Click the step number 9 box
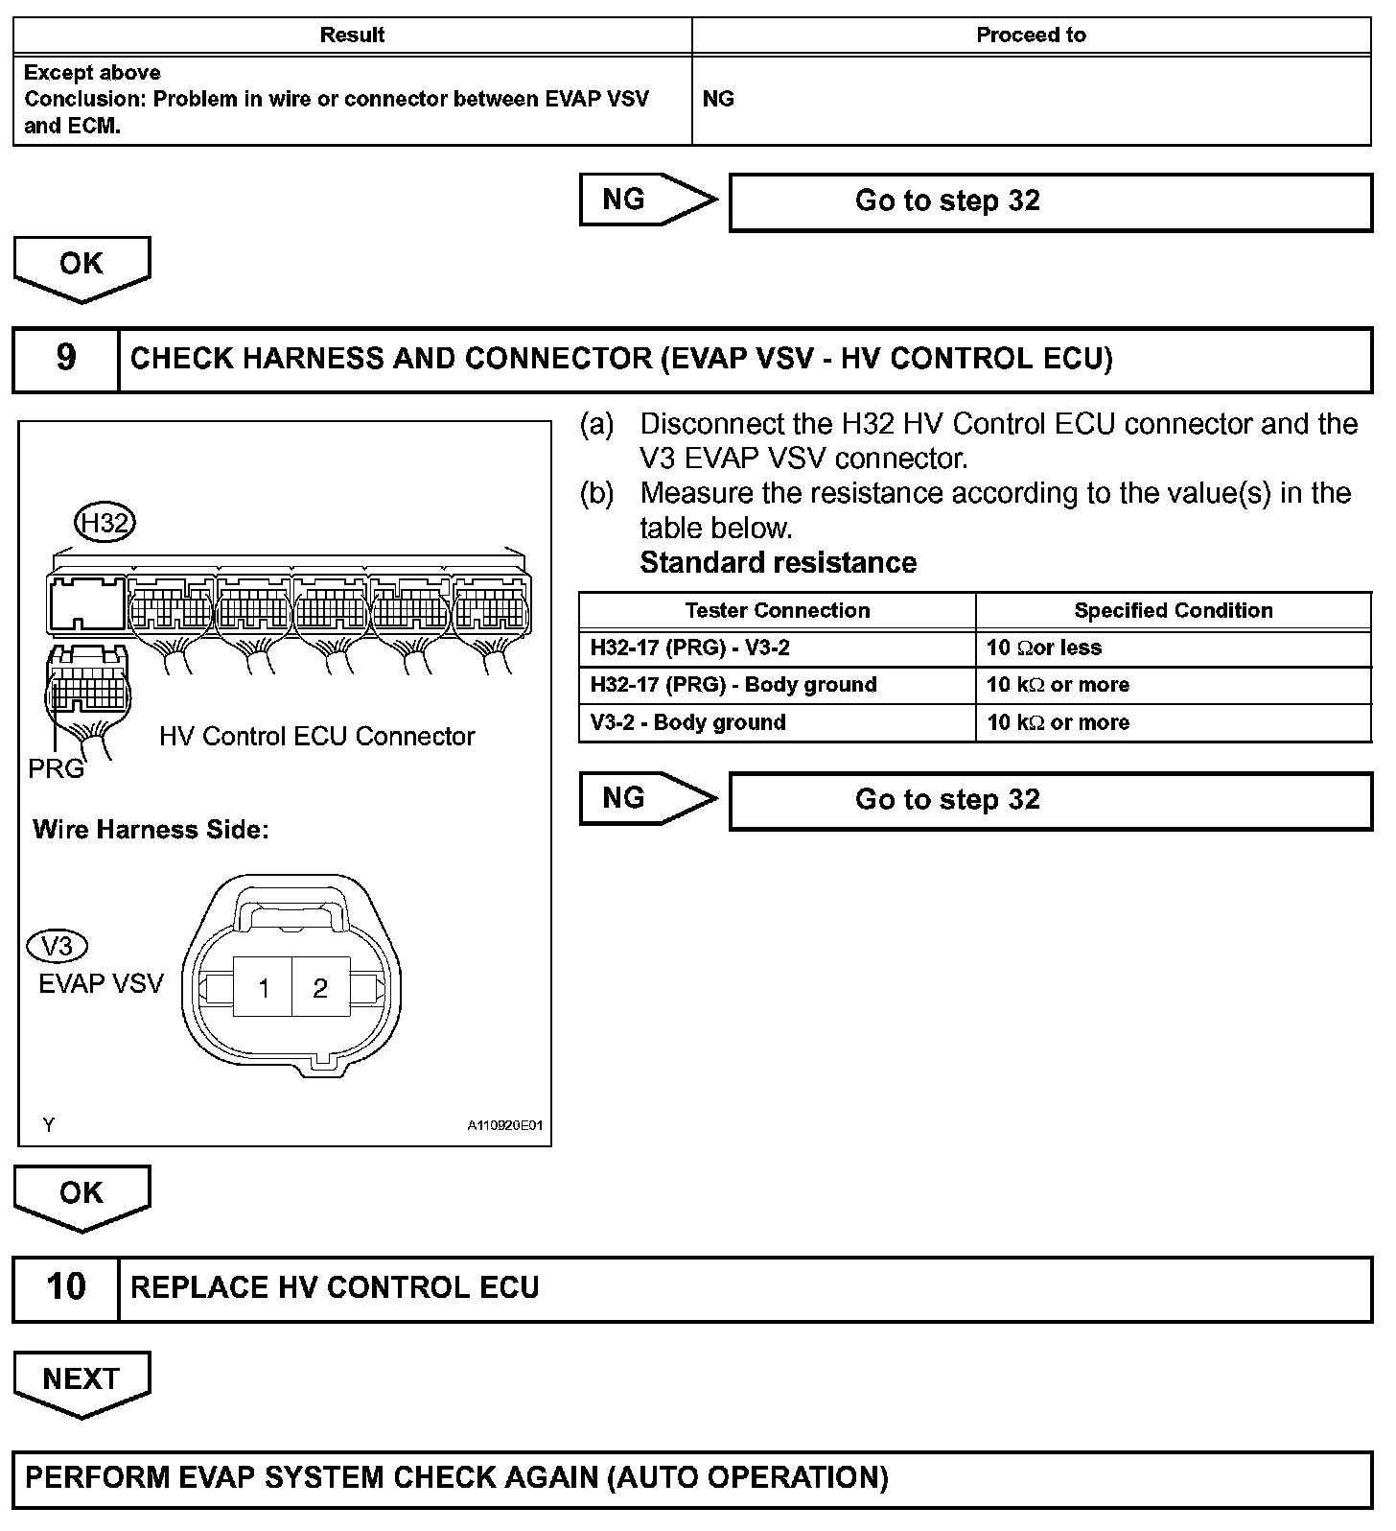[x=65, y=359]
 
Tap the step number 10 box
[x=65, y=1287]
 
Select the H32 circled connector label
[x=105, y=523]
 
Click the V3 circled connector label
[x=58, y=947]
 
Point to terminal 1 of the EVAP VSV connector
[x=264, y=988]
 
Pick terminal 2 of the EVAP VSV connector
[x=320, y=988]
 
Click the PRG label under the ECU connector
[x=56, y=768]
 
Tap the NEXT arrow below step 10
[x=81, y=1380]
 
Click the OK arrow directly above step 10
[x=81, y=1194]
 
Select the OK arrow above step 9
[x=81, y=266]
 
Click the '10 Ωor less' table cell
[x=1044, y=648]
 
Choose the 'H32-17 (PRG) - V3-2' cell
[x=690, y=648]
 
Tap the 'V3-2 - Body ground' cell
[x=688, y=722]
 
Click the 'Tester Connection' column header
[x=778, y=611]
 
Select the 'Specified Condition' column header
[x=1174, y=611]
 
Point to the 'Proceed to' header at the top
[x=1031, y=35]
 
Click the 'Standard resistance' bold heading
[x=778, y=562]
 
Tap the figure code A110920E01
[x=504, y=1125]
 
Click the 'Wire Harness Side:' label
[x=151, y=830]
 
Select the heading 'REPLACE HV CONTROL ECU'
[x=335, y=1287]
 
